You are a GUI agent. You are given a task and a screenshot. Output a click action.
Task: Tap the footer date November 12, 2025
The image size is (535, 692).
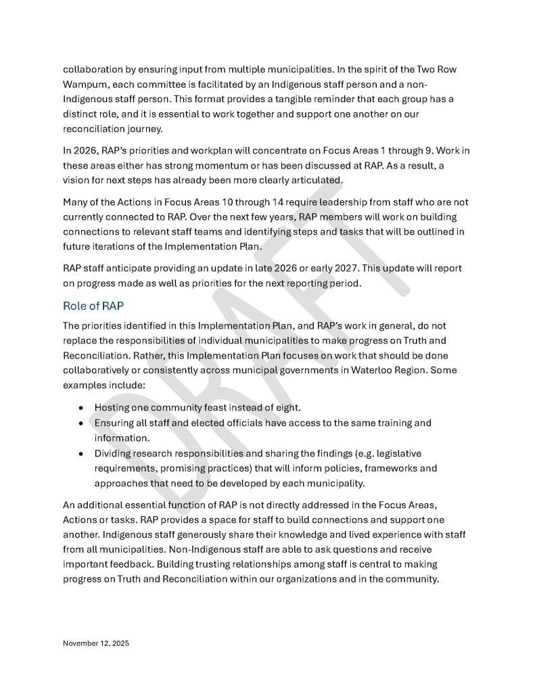tap(96, 644)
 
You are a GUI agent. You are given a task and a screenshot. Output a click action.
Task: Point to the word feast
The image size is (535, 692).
tap(214, 408)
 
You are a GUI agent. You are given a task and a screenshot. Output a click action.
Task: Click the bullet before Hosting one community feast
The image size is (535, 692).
tap(81, 409)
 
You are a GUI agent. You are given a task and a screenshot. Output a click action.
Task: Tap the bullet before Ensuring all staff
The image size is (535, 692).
tap(81, 423)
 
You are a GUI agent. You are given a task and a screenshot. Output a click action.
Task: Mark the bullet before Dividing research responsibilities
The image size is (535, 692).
tap(81, 453)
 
